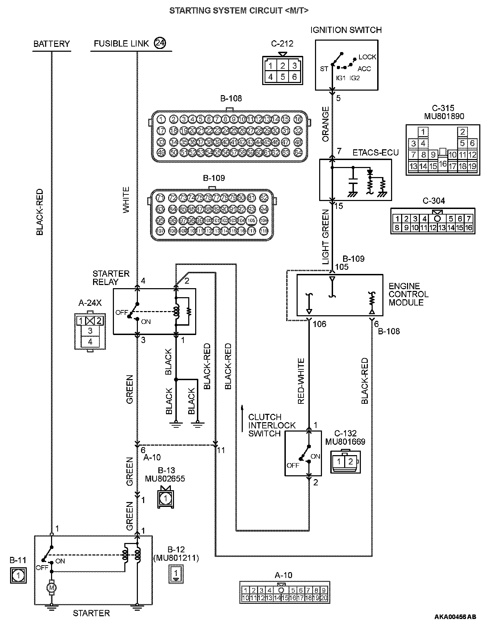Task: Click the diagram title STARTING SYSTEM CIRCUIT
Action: (239, 11)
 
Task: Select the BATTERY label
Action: (51, 44)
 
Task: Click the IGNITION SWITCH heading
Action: (346, 30)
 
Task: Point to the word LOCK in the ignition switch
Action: (367, 57)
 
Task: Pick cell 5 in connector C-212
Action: (282, 77)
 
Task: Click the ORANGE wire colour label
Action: (325, 124)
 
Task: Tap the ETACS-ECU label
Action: (375, 152)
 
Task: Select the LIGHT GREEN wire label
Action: (325, 237)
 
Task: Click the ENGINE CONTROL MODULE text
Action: (408, 294)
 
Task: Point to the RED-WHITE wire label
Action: (301, 381)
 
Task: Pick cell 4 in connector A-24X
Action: (90, 342)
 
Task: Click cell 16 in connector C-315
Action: (442, 163)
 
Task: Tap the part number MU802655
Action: (165, 479)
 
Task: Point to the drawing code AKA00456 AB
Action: (455, 617)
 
